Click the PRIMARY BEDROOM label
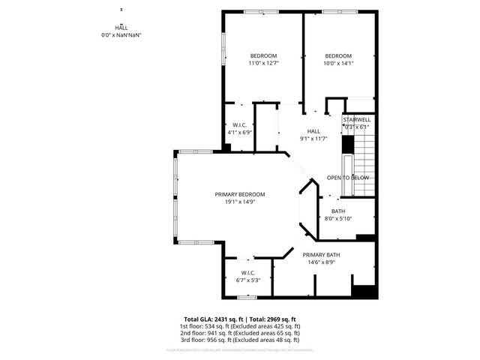(x=239, y=194)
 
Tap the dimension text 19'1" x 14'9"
(x=239, y=201)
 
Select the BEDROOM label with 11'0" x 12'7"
(x=263, y=56)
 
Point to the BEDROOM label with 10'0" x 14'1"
(x=338, y=56)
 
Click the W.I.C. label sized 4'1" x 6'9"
(x=240, y=124)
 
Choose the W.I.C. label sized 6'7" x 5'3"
(x=248, y=272)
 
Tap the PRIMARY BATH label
(x=323, y=255)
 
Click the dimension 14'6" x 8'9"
(x=323, y=262)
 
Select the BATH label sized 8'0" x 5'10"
(x=336, y=211)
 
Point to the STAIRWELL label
(x=357, y=120)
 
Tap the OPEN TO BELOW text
(x=348, y=178)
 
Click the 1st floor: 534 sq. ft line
(x=240, y=326)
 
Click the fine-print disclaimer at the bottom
(x=240, y=349)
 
